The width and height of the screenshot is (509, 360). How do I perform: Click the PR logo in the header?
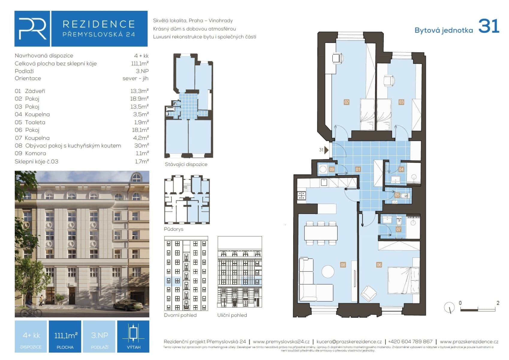[32, 29]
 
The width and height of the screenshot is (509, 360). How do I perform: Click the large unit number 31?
[488, 26]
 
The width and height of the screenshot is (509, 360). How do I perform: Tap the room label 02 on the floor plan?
[347, 102]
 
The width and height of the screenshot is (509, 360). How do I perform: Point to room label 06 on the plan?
[379, 265]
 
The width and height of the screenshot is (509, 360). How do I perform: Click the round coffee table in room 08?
[328, 271]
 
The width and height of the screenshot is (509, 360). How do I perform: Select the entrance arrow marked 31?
[326, 150]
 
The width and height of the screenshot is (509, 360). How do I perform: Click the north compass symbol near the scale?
[449, 307]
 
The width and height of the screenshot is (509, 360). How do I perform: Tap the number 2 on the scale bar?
[498, 303]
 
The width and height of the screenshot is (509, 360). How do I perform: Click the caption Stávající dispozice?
[186, 164]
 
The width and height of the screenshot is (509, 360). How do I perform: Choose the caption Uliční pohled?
[232, 315]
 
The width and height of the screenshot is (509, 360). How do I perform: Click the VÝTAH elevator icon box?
[133, 336]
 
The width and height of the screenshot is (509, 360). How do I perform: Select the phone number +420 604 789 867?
[410, 341]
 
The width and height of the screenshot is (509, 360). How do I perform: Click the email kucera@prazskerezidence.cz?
[349, 341]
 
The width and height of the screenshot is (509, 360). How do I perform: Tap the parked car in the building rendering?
[128, 305]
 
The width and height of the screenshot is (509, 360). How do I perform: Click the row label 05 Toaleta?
[30, 122]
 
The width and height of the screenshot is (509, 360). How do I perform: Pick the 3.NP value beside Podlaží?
[142, 71]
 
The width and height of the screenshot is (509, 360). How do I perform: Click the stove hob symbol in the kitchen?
[301, 196]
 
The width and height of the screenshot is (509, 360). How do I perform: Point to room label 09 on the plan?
[332, 169]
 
